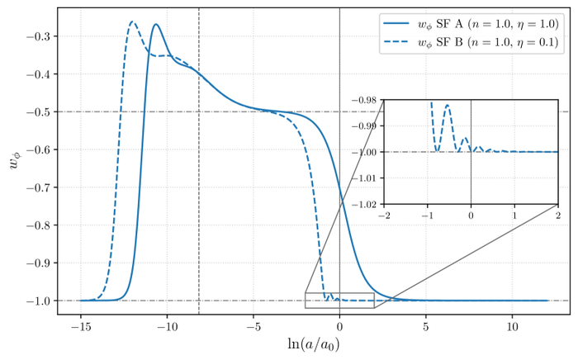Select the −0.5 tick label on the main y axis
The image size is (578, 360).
click(39, 112)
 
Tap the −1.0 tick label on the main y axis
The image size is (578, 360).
click(39, 301)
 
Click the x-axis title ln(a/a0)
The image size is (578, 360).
click(313, 343)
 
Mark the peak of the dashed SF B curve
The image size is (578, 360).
click(132, 21)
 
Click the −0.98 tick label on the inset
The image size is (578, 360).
click(365, 100)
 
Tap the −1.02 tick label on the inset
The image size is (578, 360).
click(365, 203)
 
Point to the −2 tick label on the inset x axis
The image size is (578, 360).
click(383, 214)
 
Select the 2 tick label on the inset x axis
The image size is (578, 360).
click(557, 214)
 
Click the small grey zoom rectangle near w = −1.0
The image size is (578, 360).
click(339, 301)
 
